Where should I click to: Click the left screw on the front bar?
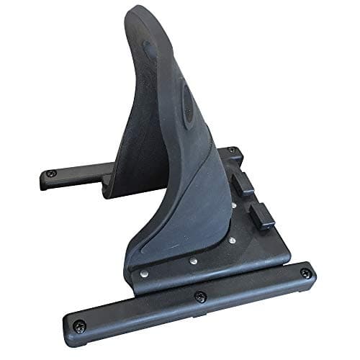(x=81, y=325)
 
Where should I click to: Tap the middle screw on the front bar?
(x=200, y=296)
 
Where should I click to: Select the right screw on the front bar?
(x=305, y=273)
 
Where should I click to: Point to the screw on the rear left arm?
(x=50, y=174)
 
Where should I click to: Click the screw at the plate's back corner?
(x=231, y=150)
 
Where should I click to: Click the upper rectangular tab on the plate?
(x=245, y=184)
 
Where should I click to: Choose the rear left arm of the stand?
(x=72, y=176)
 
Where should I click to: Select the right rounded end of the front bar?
(x=311, y=271)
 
